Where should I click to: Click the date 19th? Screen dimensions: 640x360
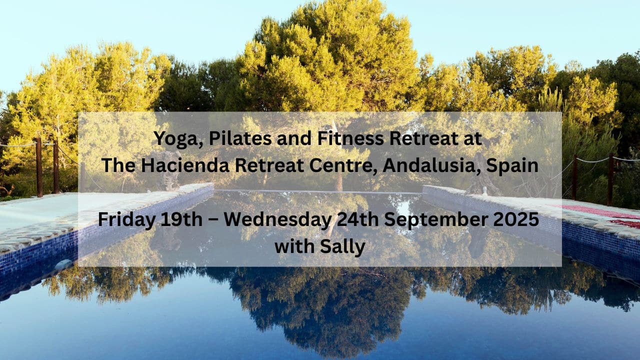pyautogui.click(x=181, y=219)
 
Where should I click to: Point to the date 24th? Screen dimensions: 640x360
pyautogui.click(x=358, y=219)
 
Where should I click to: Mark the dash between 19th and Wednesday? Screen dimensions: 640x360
pyautogui.click(x=213, y=221)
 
